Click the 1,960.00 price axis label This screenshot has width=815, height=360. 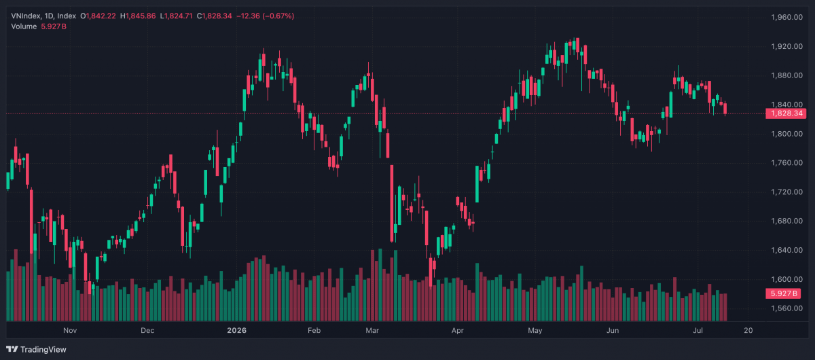(x=786, y=17)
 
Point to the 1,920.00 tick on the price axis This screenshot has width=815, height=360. (x=786, y=46)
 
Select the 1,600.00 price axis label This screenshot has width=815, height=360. (x=786, y=279)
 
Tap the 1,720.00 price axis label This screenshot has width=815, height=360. (x=786, y=192)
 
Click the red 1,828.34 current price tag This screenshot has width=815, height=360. (x=786, y=113)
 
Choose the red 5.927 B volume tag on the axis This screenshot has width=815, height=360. (x=783, y=293)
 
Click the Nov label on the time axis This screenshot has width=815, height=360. (x=70, y=331)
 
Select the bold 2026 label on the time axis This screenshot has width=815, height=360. (x=236, y=331)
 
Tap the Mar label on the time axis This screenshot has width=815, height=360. (x=372, y=331)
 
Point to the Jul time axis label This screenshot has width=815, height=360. (x=698, y=331)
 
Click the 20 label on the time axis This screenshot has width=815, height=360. (x=748, y=331)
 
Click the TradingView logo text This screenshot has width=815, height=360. (x=43, y=349)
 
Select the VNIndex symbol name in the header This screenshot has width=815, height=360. (x=26, y=16)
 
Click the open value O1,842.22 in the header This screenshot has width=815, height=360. (x=98, y=16)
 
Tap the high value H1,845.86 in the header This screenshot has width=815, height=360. (x=138, y=16)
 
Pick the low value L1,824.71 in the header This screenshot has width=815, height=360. (x=176, y=16)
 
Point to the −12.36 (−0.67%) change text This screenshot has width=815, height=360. (x=266, y=16)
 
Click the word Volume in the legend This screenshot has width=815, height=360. (x=24, y=26)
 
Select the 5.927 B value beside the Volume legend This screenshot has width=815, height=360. (x=54, y=26)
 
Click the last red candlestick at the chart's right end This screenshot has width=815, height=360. (x=725, y=109)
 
